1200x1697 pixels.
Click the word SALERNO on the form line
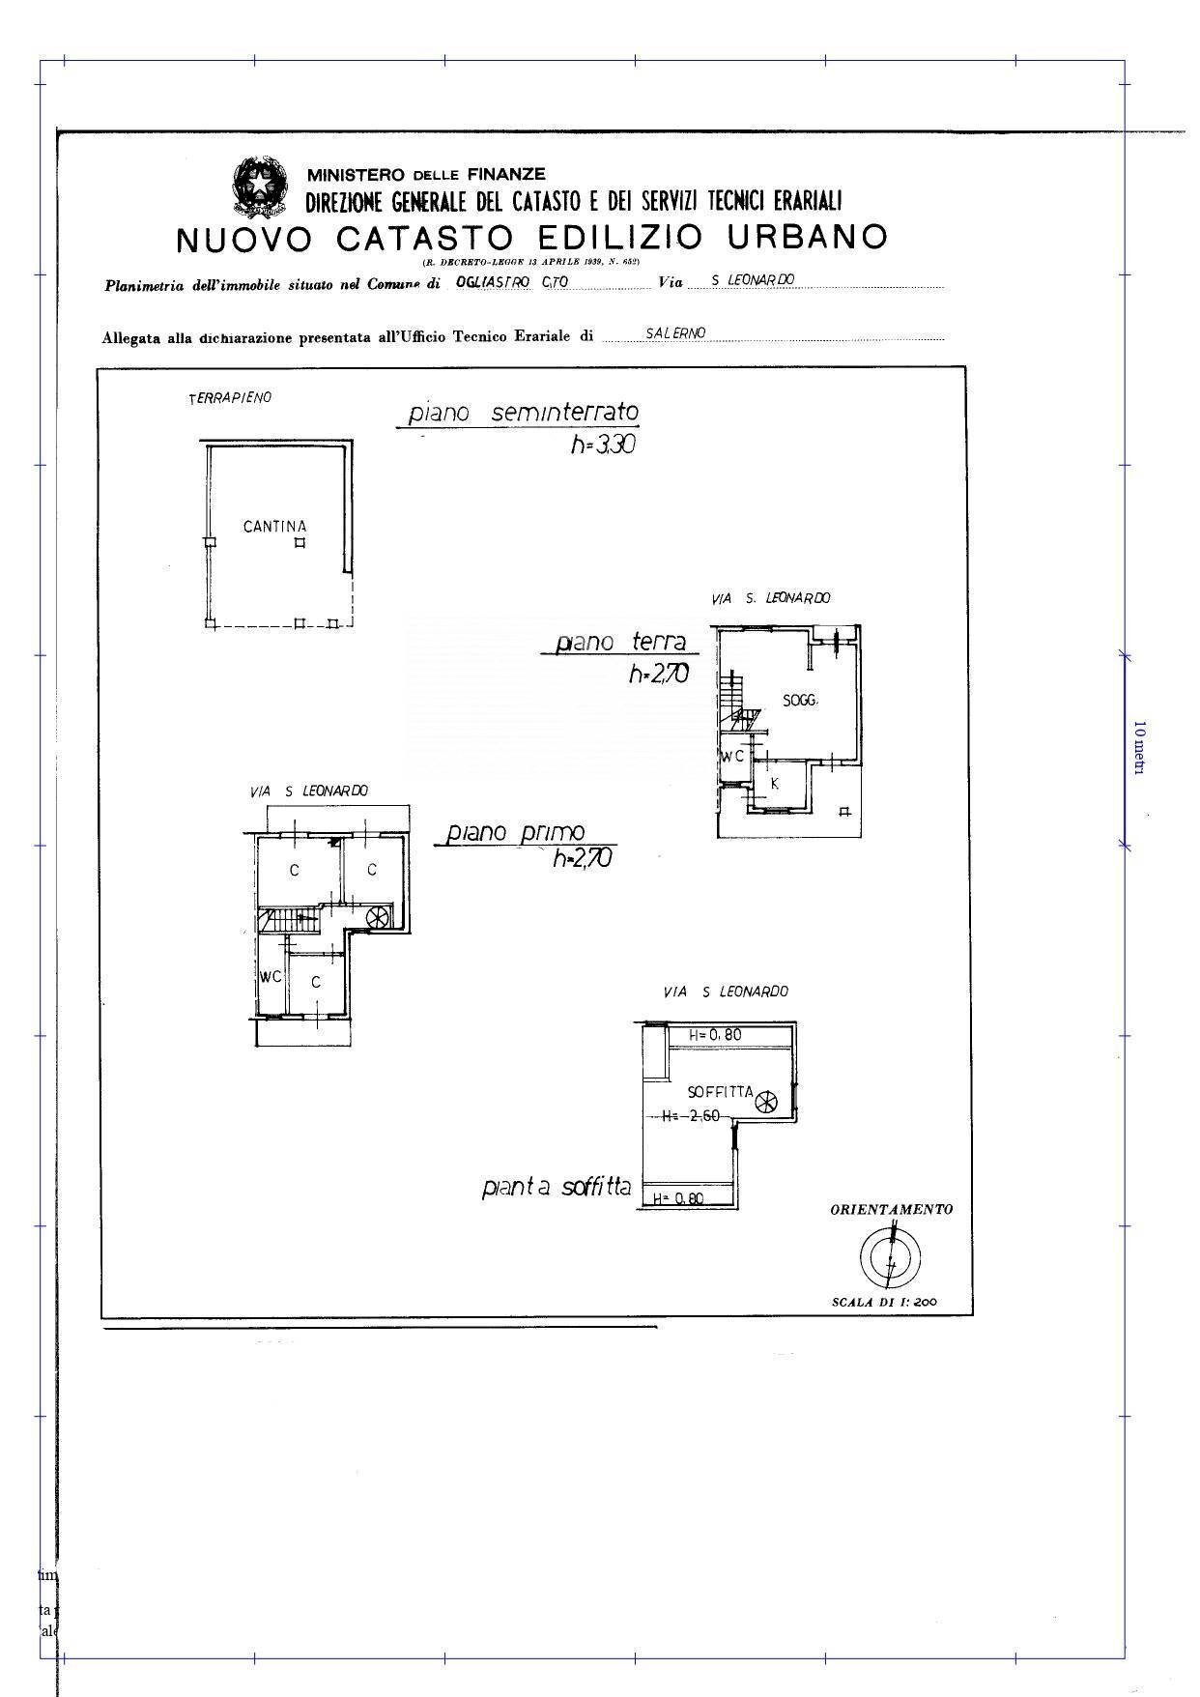tap(676, 332)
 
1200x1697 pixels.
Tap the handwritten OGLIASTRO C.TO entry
tap(511, 281)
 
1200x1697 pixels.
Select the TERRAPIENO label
tap(230, 397)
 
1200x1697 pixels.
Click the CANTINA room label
tap(274, 527)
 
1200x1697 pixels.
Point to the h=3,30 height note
tap(602, 446)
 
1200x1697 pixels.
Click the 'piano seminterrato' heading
tap(523, 413)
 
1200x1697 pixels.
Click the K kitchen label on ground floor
tap(775, 784)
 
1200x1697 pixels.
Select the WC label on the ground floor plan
tap(732, 756)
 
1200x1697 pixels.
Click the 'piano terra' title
tap(620, 642)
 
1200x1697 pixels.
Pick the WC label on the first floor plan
tap(270, 977)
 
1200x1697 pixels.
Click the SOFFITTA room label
tap(720, 1092)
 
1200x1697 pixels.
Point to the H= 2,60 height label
tap(691, 1116)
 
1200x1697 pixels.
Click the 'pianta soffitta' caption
tap(557, 1187)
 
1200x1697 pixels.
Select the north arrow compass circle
tap(890, 1257)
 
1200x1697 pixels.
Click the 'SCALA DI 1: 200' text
tap(884, 1302)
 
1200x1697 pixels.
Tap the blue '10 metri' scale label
tap(1139, 747)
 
